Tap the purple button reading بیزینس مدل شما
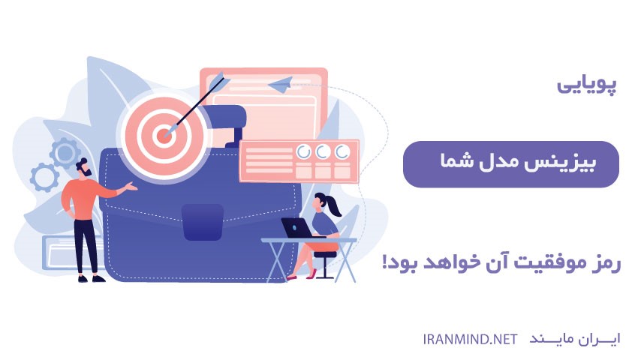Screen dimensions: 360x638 (511, 163)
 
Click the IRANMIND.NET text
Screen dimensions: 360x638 (469, 338)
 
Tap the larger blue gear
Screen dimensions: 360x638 (65, 153)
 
